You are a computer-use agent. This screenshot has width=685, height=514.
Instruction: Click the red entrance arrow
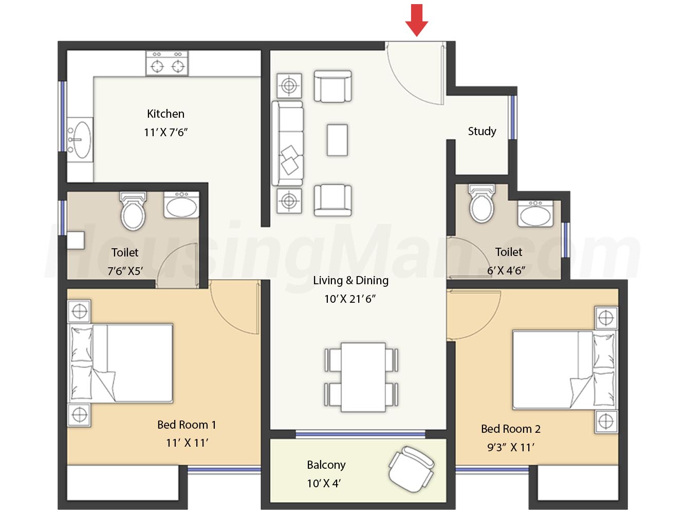pyautogui.click(x=416, y=20)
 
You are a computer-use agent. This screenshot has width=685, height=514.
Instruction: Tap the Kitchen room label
pyautogui.click(x=165, y=114)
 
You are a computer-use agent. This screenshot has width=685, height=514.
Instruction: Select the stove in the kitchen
pyautogui.click(x=167, y=63)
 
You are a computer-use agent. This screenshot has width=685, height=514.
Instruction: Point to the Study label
pyautogui.click(x=482, y=131)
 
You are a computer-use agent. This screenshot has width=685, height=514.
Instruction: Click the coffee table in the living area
pyautogui.click(x=337, y=140)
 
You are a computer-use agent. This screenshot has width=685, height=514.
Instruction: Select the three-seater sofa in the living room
pyautogui.click(x=287, y=143)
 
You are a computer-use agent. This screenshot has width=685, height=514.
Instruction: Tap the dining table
pyautogui.click(x=363, y=377)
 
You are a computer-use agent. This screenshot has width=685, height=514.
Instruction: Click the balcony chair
pyautogui.click(x=411, y=469)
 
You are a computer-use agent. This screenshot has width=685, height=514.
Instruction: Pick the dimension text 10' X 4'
pyautogui.click(x=324, y=483)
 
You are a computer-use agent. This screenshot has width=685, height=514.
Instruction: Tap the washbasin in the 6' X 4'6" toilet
pyautogui.click(x=535, y=213)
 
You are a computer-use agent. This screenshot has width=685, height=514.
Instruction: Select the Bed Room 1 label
pyautogui.click(x=187, y=425)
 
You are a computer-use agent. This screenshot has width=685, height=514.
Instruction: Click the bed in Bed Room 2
pyautogui.click(x=565, y=370)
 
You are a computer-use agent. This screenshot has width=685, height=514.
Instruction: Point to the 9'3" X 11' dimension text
pyautogui.click(x=511, y=447)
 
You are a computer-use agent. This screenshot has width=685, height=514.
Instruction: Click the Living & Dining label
pyautogui.click(x=351, y=281)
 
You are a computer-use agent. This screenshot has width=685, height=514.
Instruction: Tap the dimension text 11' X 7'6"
pyautogui.click(x=165, y=132)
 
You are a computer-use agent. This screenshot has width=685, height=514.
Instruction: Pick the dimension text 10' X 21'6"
pyautogui.click(x=350, y=299)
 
